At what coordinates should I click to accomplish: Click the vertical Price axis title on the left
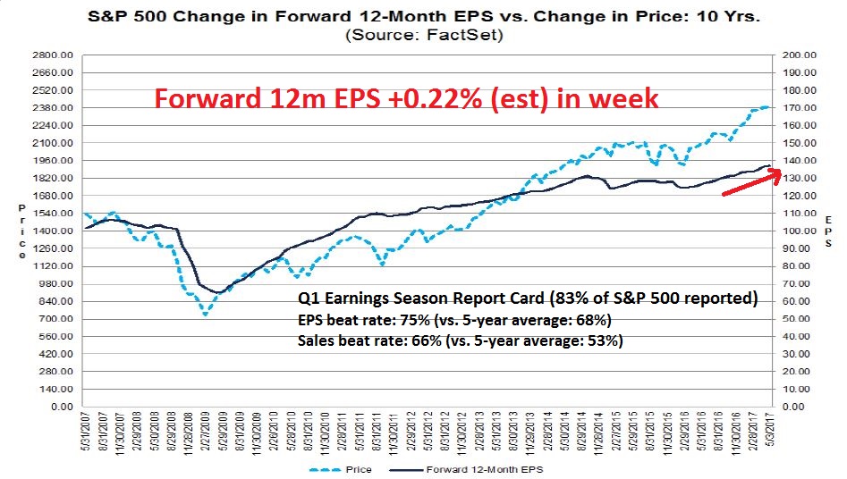(22, 231)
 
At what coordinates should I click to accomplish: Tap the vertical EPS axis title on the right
(828, 231)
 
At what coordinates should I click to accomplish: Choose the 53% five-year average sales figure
(604, 340)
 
